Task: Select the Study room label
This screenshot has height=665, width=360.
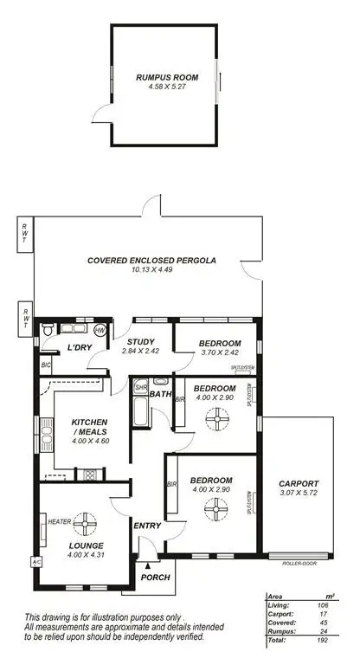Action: click(x=141, y=342)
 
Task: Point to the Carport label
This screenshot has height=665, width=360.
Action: click(x=299, y=483)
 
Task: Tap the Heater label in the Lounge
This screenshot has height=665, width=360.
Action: click(x=59, y=522)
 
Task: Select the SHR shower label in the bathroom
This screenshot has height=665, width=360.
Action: click(x=140, y=389)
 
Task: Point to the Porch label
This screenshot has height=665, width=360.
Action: click(x=155, y=578)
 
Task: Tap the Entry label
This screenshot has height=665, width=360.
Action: click(x=144, y=526)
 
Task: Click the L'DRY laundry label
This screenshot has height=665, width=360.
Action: click(x=80, y=348)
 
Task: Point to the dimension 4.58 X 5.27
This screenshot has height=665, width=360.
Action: click(x=166, y=87)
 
